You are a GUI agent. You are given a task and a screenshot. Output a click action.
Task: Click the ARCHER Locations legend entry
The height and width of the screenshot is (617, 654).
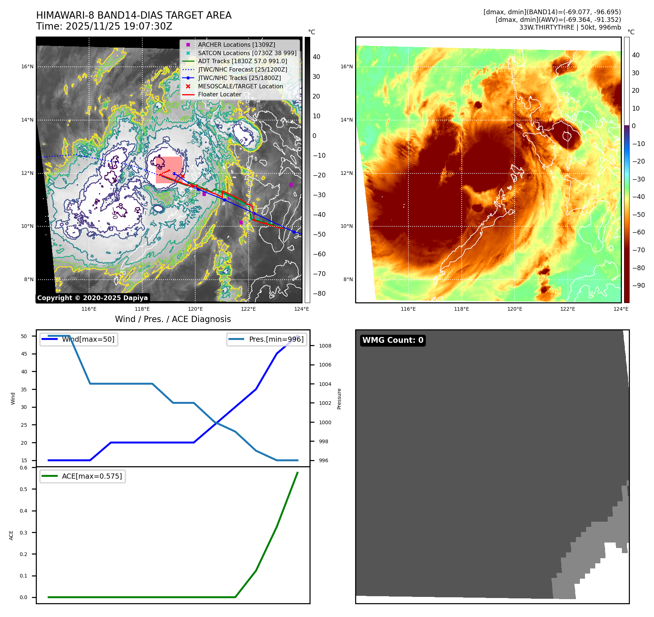[236, 45]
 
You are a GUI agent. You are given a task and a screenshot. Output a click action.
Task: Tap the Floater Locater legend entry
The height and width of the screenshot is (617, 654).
[219, 94]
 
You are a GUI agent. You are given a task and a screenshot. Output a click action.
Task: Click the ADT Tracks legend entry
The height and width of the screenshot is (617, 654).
[242, 61]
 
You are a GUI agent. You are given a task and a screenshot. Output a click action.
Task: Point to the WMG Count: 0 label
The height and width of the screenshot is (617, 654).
[393, 340]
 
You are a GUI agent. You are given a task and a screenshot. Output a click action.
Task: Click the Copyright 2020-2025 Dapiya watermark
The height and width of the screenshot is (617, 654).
[92, 298]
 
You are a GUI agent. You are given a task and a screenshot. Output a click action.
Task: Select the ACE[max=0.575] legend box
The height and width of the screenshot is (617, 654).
[82, 476]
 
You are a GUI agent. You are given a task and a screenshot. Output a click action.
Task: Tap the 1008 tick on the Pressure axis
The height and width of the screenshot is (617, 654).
[325, 346]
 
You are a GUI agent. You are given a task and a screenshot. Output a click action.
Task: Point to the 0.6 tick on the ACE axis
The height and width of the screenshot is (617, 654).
[24, 468]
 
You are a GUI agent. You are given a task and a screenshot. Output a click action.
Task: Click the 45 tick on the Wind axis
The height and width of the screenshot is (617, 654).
[24, 354]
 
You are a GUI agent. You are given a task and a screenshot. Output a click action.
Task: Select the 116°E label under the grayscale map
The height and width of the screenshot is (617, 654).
[89, 309]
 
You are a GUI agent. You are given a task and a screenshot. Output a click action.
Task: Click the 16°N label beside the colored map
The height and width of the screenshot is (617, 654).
[347, 66]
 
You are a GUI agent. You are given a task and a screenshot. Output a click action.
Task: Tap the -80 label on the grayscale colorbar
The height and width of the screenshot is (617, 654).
[319, 294]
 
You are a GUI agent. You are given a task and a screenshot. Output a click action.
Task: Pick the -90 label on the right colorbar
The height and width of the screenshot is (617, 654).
[638, 285]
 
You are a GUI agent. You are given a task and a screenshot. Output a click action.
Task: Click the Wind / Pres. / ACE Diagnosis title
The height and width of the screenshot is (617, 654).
[173, 319]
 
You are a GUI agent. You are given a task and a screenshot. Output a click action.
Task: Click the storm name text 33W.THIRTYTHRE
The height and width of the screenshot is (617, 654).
[546, 27]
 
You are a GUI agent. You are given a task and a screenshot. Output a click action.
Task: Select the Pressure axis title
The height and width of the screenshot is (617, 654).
[339, 399]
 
